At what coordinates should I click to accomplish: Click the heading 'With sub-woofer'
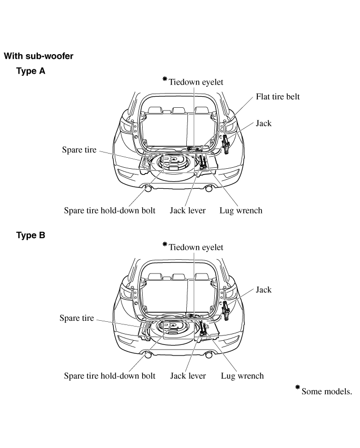(x=38, y=56)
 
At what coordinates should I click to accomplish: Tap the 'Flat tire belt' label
(x=278, y=97)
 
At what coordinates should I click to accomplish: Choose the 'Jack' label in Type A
(x=264, y=124)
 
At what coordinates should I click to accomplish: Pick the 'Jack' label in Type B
(x=264, y=290)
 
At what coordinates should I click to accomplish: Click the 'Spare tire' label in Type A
(x=79, y=150)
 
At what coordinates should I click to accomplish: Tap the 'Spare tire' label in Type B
(x=77, y=318)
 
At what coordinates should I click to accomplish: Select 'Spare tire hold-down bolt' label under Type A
(x=109, y=211)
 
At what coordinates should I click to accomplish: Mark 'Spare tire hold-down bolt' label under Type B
(x=109, y=376)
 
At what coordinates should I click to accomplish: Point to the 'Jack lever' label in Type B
(x=188, y=376)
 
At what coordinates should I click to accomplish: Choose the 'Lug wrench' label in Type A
(x=241, y=211)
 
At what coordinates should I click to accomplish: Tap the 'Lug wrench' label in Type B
(x=242, y=376)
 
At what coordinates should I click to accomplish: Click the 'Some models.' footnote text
(x=326, y=392)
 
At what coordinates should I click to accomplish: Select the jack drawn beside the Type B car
(x=226, y=310)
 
